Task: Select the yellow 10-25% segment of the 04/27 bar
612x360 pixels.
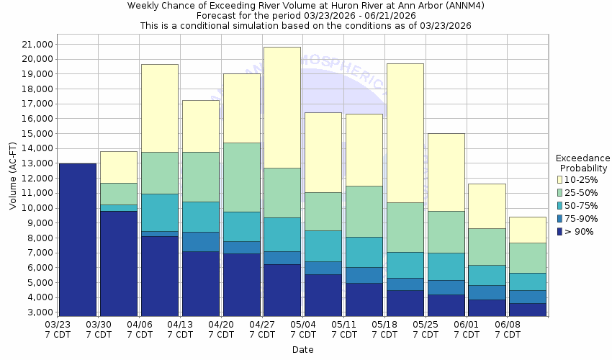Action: (x=282, y=107)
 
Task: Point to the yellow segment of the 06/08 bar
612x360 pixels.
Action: (x=528, y=230)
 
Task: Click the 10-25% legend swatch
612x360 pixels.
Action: (x=559, y=179)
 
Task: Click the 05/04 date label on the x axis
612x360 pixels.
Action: (x=303, y=330)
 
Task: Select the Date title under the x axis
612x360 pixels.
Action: (x=302, y=350)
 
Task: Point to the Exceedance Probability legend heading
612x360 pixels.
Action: (x=583, y=163)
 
